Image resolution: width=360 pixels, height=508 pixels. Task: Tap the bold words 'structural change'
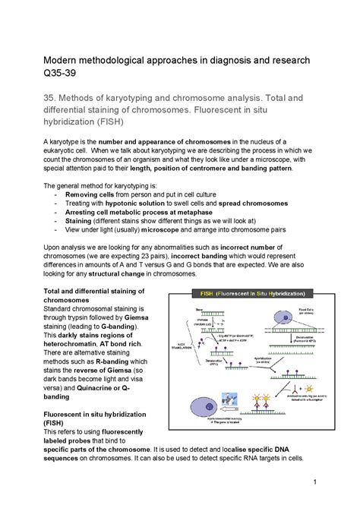[115, 274]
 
